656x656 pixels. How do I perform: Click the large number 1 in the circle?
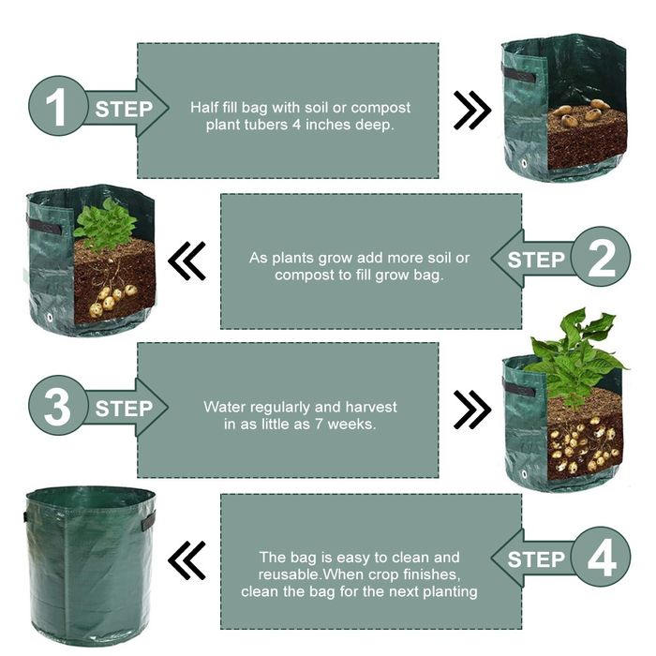(56, 107)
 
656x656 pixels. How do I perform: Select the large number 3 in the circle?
(57, 406)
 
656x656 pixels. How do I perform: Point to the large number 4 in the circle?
(602, 558)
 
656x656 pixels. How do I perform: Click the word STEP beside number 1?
(124, 110)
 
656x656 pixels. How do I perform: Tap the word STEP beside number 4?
(536, 559)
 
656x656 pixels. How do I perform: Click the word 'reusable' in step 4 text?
(289, 574)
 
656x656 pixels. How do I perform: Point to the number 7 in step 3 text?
(320, 425)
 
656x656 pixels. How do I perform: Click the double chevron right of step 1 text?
(472, 110)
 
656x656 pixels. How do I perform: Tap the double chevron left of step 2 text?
(186, 261)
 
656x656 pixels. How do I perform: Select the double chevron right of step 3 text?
(472, 410)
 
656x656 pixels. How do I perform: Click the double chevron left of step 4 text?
(186, 560)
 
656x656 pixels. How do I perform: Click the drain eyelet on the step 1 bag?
(523, 163)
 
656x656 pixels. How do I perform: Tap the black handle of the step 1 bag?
(519, 75)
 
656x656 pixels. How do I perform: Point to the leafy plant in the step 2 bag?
(105, 224)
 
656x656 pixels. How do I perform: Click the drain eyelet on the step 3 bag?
(524, 474)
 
